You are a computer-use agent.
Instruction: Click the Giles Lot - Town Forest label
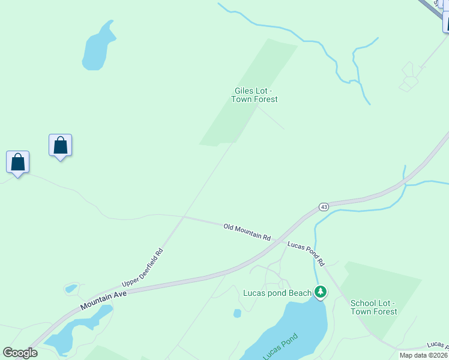256,95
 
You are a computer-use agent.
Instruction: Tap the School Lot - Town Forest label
373,307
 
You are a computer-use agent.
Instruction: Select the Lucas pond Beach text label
277,293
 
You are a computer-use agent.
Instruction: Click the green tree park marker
321,292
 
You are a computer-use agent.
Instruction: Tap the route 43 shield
324,207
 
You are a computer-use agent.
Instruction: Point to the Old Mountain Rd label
247,232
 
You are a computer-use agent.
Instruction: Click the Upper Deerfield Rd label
142,267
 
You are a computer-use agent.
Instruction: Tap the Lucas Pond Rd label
306,253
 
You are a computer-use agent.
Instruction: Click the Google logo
20,353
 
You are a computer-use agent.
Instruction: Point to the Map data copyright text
423,355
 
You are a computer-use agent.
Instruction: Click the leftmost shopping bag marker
18,163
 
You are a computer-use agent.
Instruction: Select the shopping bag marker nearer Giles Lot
60,146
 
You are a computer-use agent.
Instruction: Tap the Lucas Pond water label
280,347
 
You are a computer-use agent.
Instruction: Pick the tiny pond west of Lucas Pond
237,313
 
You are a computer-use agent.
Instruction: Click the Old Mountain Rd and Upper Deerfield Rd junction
184,217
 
